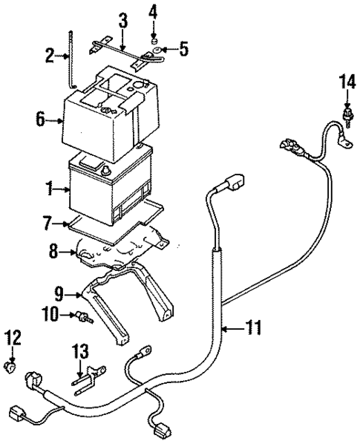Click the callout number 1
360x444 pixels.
[50, 189]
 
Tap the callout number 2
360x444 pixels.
[50, 56]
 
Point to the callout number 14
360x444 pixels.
[347, 82]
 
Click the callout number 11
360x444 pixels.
[254, 328]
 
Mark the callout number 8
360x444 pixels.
[54, 251]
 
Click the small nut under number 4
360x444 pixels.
[154, 42]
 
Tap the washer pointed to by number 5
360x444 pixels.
[157, 51]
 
